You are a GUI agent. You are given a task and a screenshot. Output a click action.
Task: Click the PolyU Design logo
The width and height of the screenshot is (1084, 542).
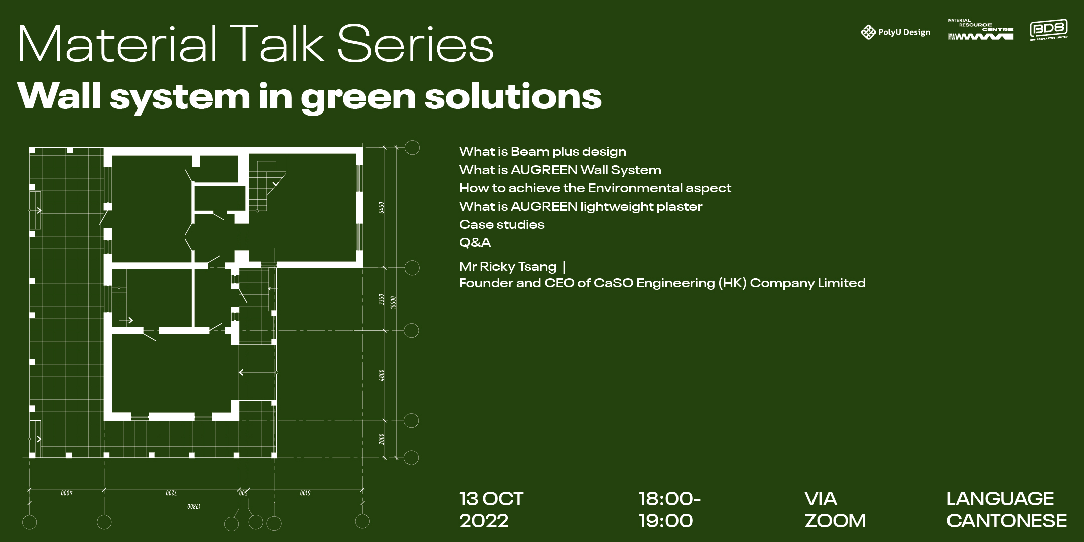895,32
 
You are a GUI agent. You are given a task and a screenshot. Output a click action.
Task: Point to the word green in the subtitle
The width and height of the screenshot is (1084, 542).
358,96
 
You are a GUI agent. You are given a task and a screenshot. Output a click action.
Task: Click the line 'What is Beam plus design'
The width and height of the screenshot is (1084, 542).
543,152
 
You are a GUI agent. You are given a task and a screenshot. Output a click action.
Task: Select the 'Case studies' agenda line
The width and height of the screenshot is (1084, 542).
501,224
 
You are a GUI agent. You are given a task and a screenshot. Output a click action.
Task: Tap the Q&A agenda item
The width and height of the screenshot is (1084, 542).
475,243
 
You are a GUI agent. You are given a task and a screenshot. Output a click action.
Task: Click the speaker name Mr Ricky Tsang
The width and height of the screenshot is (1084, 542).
507,266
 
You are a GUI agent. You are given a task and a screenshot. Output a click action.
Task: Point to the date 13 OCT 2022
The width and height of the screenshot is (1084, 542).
491,510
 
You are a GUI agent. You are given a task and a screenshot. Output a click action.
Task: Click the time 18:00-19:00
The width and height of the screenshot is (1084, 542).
669,510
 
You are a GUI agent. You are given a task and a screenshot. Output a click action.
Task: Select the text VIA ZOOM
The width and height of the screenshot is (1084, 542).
835,510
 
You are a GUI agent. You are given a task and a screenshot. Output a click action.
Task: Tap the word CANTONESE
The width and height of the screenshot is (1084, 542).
1007,521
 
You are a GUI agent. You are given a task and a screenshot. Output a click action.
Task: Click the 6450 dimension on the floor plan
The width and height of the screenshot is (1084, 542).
381,207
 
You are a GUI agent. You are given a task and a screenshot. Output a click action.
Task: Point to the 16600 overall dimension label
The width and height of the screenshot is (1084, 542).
394,302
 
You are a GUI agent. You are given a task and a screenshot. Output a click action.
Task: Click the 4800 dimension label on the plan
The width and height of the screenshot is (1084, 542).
381,375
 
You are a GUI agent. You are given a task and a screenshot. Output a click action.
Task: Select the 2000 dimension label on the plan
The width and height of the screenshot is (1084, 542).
381,439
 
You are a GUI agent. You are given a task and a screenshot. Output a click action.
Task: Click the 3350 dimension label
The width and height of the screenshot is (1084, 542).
381,300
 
